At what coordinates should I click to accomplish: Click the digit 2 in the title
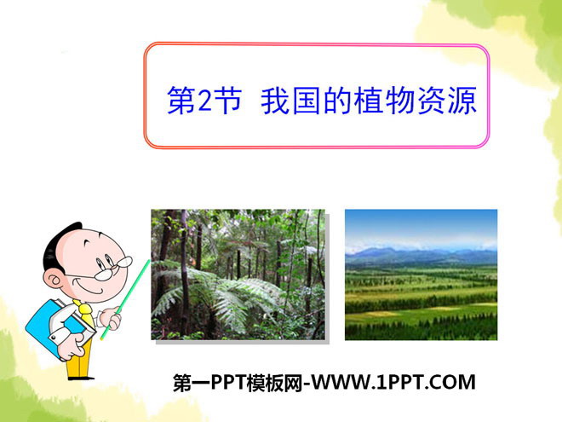[205, 101]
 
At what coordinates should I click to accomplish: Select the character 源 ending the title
[462, 101]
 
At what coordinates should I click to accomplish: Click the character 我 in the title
[275, 101]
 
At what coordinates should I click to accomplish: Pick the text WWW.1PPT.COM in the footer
[393, 382]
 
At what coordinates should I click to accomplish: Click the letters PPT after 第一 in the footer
[229, 382]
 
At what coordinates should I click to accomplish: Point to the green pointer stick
[124, 300]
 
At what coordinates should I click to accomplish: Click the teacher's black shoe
[81, 378]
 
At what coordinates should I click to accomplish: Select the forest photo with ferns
[238, 275]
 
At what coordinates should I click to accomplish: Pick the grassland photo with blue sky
[421, 275]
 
